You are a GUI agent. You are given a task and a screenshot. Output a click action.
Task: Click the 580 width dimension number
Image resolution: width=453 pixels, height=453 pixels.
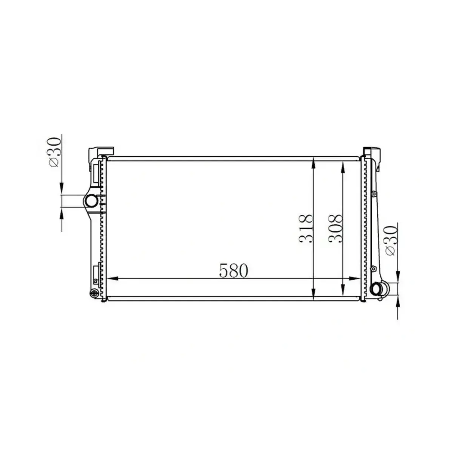point(234,270)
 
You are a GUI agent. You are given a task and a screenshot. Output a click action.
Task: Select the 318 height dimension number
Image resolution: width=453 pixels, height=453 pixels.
point(306,228)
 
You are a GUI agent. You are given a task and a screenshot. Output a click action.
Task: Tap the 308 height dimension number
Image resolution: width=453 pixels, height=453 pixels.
point(335,228)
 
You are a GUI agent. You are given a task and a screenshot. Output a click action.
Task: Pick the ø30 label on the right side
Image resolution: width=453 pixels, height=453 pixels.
point(391,240)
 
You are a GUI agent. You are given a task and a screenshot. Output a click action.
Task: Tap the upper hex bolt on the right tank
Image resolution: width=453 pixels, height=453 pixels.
point(373,194)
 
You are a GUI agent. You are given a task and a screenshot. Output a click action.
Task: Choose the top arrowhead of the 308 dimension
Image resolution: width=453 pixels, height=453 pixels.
point(342,167)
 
